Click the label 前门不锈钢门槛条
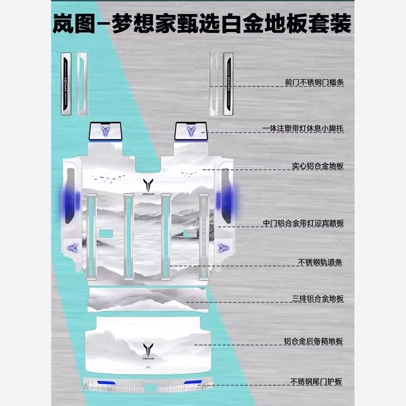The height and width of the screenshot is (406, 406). point(314,82)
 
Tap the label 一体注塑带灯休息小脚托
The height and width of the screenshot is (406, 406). point(303,129)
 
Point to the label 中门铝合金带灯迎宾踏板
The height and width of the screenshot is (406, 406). point(303,223)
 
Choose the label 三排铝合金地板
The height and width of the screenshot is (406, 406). point(317,299)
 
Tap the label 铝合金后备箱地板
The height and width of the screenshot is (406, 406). point(313,342)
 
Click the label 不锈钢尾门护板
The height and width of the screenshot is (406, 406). point(316,382)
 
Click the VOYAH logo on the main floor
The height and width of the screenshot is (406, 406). point(148,186)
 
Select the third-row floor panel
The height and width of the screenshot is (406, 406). point(148,299)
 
